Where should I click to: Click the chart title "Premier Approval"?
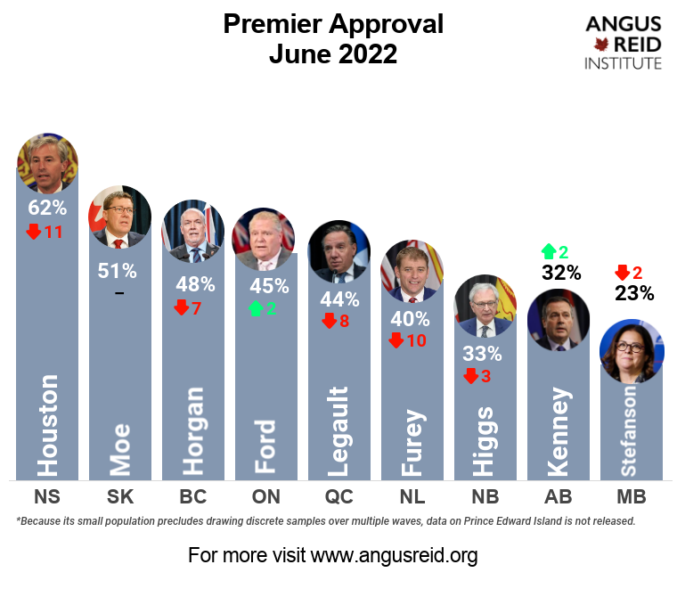click(332, 24)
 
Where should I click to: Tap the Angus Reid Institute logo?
click(623, 42)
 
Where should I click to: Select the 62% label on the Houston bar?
click(47, 208)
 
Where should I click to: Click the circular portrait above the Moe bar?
click(119, 217)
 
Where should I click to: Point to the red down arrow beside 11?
click(34, 233)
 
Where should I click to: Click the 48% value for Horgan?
click(195, 284)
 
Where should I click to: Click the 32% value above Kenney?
click(560, 273)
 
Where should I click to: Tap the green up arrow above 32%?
click(548, 252)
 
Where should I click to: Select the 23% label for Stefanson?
click(634, 293)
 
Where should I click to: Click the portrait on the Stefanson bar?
click(632, 351)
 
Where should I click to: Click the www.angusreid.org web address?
click(394, 556)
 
